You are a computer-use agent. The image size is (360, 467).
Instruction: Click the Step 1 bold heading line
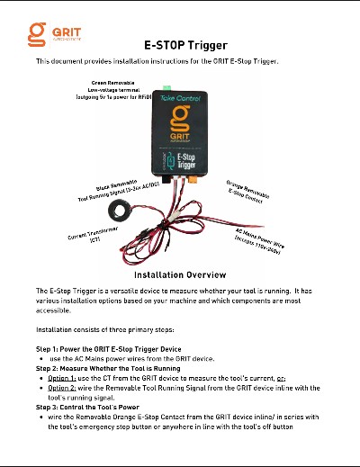point(108,348)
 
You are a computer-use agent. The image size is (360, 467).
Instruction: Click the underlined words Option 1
point(63,378)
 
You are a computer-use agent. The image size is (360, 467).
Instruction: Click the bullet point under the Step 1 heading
point(42,358)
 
